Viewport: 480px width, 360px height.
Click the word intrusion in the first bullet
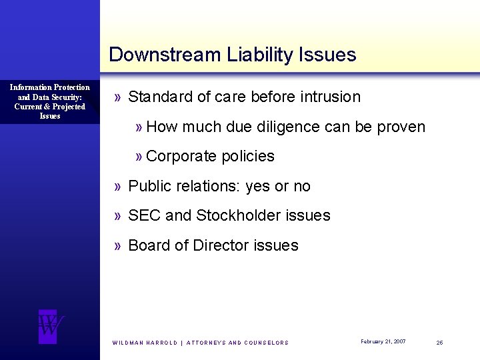point(328,97)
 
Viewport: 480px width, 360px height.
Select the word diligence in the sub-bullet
point(283,127)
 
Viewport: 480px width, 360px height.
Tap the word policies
point(248,157)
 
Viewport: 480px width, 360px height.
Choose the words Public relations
point(184,187)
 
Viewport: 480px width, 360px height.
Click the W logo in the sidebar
point(50,327)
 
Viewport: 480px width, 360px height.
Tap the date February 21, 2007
point(383,341)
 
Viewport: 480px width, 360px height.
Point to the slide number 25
point(439,342)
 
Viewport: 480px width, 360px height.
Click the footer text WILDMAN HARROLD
point(145,343)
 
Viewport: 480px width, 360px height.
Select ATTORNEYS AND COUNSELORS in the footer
point(237,343)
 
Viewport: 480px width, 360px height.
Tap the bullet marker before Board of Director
point(117,246)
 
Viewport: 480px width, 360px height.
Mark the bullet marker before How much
point(139,127)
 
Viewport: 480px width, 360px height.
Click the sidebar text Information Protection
point(50,87)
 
